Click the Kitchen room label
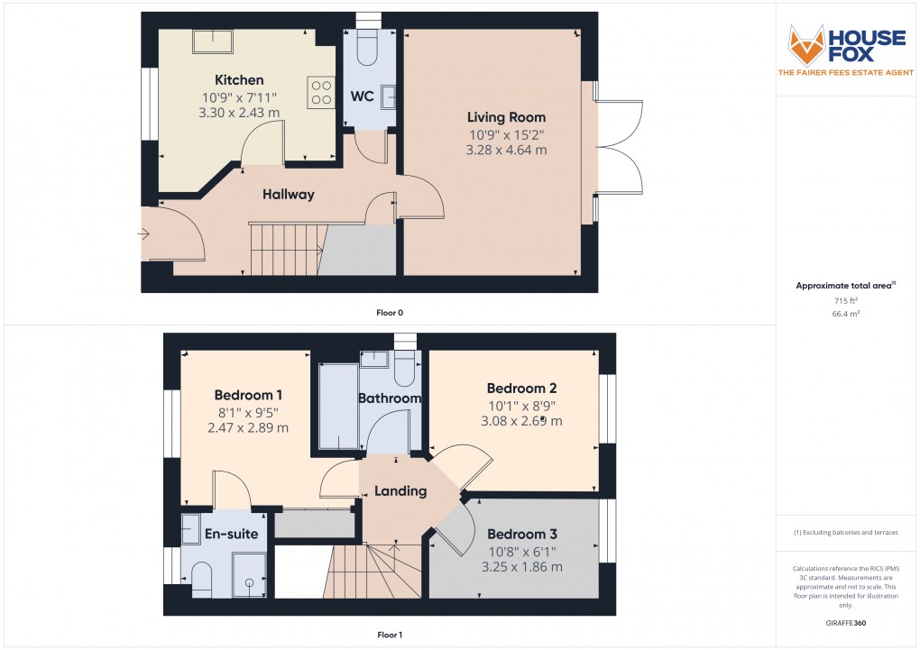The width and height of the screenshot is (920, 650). pyautogui.click(x=239, y=80)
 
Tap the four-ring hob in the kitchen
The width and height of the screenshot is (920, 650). pyautogui.click(x=320, y=92)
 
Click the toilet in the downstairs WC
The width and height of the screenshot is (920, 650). pyautogui.click(x=368, y=47)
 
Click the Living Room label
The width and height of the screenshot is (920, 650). pyautogui.click(x=506, y=117)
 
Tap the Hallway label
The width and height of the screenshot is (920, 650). pyautogui.click(x=289, y=194)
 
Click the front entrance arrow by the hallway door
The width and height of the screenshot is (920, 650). pyautogui.click(x=143, y=234)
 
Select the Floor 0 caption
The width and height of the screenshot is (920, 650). pyautogui.click(x=390, y=313)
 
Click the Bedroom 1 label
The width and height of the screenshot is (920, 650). pyautogui.click(x=248, y=395)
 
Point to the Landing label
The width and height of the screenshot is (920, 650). pyautogui.click(x=400, y=491)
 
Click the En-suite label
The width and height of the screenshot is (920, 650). pyautogui.click(x=232, y=534)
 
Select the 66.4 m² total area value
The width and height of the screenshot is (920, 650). pyautogui.click(x=845, y=315)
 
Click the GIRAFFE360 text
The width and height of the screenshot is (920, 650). pyautogui.click(x=845, y=623)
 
